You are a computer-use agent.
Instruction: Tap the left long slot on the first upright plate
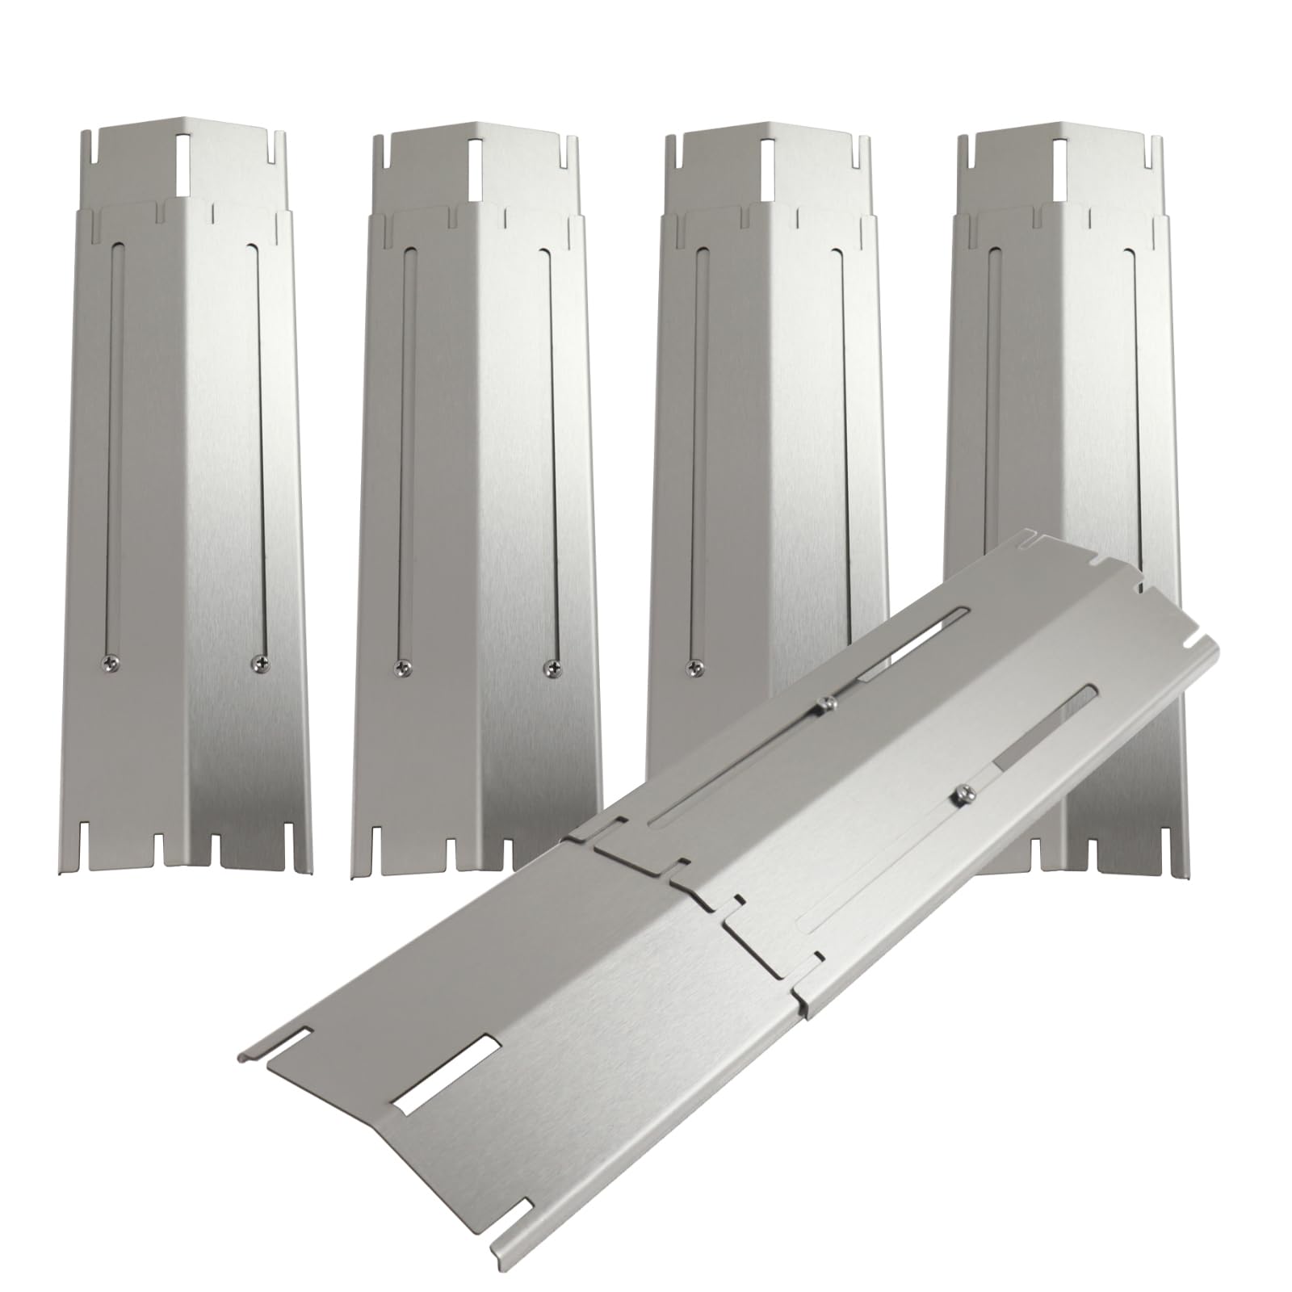[111, 452]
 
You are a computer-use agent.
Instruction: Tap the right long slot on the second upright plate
[550, 452]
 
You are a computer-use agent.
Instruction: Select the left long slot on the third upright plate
[695, 452]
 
